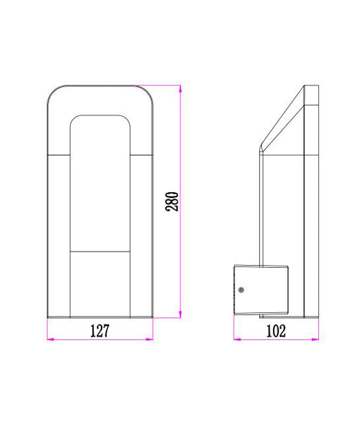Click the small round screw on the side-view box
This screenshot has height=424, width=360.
point(241,290)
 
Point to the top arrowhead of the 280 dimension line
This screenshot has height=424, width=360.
point(181,88)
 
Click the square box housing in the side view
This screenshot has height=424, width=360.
point(261,288)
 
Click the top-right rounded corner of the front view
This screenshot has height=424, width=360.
point(148,91)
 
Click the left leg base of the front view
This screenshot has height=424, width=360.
point(59,311)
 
